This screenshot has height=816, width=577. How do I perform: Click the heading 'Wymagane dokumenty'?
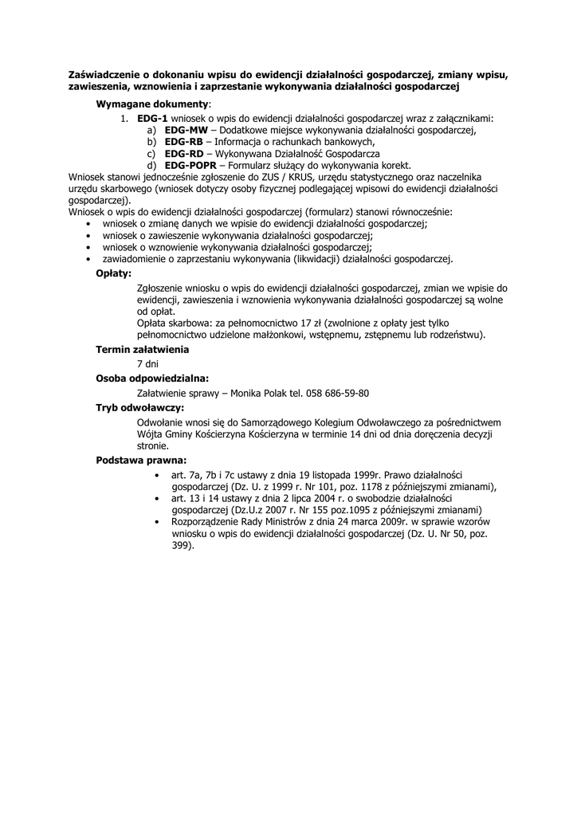tap(153, 104)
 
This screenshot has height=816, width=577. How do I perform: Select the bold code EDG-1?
tap(152, 118)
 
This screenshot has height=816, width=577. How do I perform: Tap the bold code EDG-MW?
tap(186, 130)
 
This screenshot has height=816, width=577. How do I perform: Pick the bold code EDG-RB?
tap(184, 141)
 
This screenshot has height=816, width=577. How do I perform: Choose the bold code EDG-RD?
tap(184, 153)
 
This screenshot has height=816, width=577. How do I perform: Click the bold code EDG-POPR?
tap(190, 165)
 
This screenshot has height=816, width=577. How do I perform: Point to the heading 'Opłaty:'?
tap(113, 273)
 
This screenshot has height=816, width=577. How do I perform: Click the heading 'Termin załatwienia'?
tap(142, 349)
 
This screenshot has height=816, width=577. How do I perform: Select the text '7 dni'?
tap(147, 363)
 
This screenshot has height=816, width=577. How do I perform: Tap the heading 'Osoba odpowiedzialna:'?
tap(152, 379)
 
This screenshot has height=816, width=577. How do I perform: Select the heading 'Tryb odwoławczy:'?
tap(139, 408)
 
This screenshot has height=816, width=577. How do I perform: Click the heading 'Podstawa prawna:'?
tap(141, 460)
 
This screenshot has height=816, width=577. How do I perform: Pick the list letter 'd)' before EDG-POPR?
tap(151, 165)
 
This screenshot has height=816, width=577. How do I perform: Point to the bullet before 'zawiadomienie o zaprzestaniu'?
tap(86, 260)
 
